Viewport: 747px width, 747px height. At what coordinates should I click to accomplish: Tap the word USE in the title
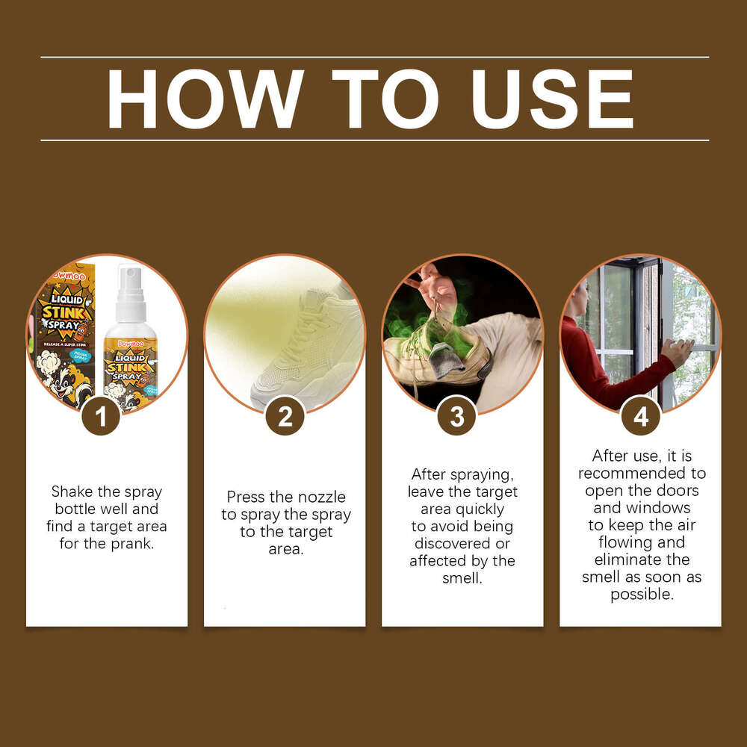click(x=552, y=99)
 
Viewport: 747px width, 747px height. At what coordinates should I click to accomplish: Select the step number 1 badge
click(x=101, y=416)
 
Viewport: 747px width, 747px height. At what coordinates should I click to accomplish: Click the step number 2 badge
click(x=285, y=416)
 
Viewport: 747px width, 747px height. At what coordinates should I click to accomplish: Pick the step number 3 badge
click(x=457, y=416)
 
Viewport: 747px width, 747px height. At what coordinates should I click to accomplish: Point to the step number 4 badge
click(x=641, y=416)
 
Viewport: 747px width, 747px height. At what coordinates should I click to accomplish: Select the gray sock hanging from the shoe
click(x=447, y=361)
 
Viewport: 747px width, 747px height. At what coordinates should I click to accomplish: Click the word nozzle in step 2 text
click(x=323, y=497)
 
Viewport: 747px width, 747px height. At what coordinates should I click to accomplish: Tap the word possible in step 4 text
click(x=642, y=594)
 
